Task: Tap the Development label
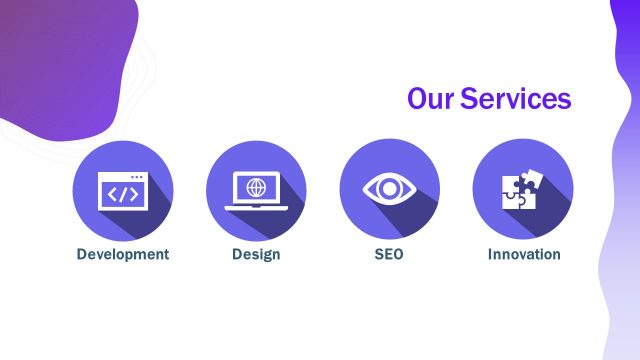point(123,254)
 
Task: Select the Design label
point(256,254)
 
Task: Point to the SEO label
point(389,254)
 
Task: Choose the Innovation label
point(524,254)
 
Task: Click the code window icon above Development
point(123,191)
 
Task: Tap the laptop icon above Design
point(256,191)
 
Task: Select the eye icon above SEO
point(389,188)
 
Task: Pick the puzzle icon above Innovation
point(523,188)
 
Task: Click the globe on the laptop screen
point(256,187)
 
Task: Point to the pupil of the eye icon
point(389,188)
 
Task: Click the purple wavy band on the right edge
point(624,200)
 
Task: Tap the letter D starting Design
point(237,254)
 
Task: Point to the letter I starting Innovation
point(490,254)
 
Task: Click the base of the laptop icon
point(256,207)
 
